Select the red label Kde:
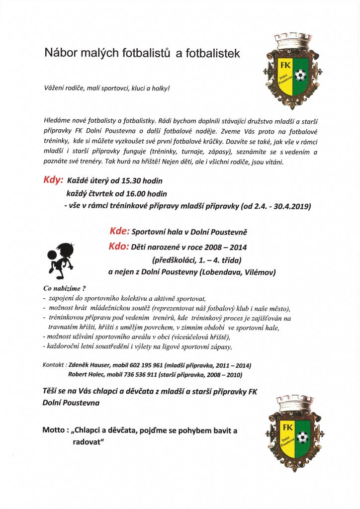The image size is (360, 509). pos(119,232)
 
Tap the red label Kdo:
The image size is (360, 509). pos(119,247)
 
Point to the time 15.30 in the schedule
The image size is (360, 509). pos(128,181)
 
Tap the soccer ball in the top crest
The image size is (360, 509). pos(301,76)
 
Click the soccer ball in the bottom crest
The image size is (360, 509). pos(301,437)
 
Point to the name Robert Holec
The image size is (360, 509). pos(86,375)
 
